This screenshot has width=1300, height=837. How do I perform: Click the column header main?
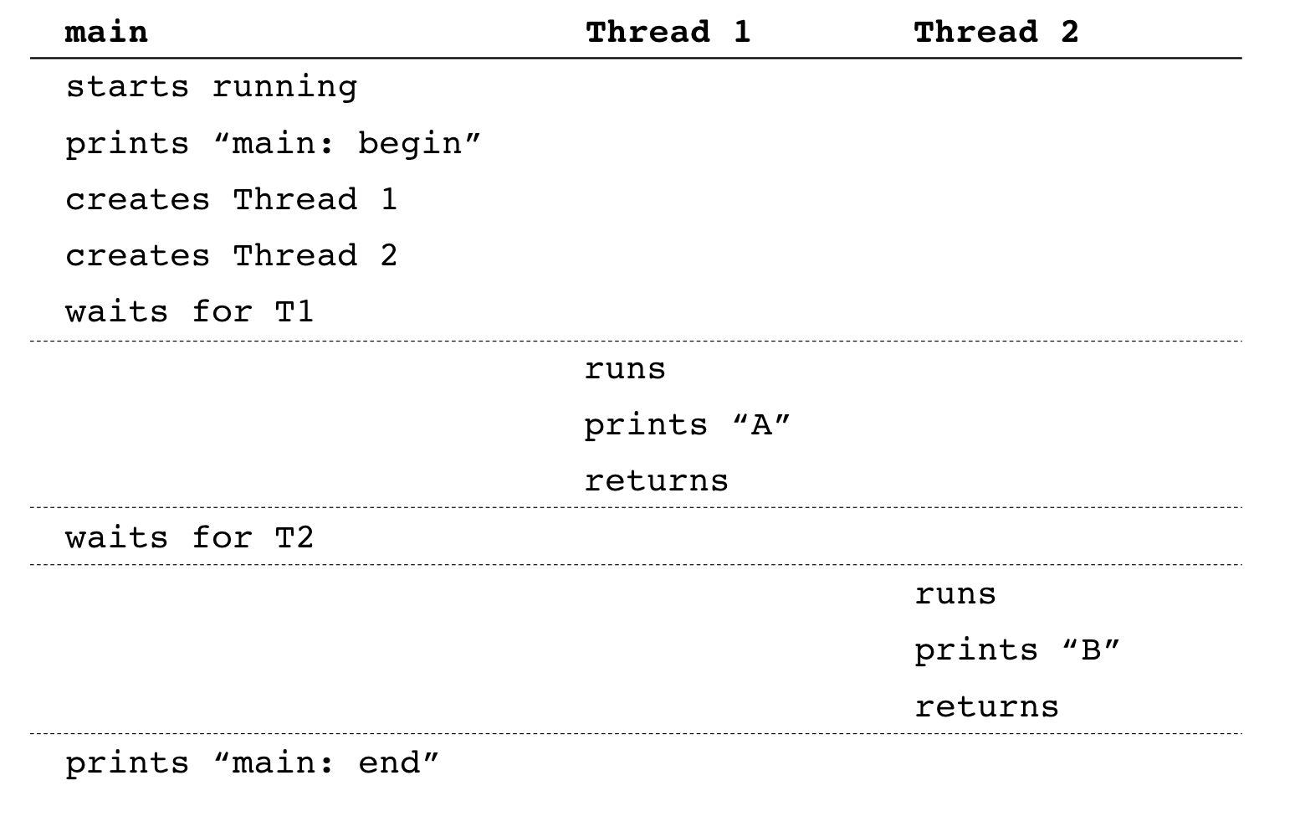pos(106,33)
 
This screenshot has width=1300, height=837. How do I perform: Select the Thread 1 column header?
pos(668,33)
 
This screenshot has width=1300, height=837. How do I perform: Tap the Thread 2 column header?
pos(995,33)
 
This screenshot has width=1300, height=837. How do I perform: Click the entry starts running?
pos(211,87)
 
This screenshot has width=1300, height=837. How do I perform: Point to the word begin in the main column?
pos(410,144)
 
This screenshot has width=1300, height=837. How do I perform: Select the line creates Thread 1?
pos(231,200)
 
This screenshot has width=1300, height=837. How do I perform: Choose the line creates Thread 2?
pos(231,256)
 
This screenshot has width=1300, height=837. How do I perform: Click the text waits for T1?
pos(189,312)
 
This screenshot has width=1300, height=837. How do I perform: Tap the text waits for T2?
pos(189,537)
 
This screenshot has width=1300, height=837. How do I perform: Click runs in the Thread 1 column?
pos(625,369)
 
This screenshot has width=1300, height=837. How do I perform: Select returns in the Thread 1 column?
pos(656,481)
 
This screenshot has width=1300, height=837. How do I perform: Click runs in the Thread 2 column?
pos(955,594)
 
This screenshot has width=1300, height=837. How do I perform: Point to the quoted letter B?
pos(1091,650)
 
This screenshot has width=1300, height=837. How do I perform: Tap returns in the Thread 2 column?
pos(986,707)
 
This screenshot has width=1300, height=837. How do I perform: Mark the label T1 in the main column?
pos(294,312)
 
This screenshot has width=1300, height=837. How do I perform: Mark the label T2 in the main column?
pos(294,537)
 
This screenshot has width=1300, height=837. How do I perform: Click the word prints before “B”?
pos(975,650)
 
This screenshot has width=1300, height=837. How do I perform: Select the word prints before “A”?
pos(646,425)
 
